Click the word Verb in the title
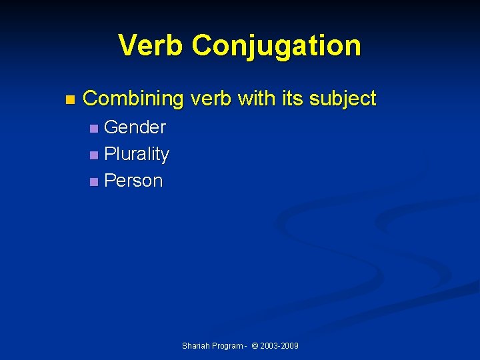151,45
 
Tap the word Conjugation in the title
276,45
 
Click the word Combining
133,99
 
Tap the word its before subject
292,99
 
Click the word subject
343,99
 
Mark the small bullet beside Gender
93,128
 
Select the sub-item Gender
135,127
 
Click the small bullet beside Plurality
93,155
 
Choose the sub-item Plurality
137,154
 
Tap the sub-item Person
133,181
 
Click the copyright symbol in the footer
256,346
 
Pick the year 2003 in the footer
270,346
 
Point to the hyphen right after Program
245,346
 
